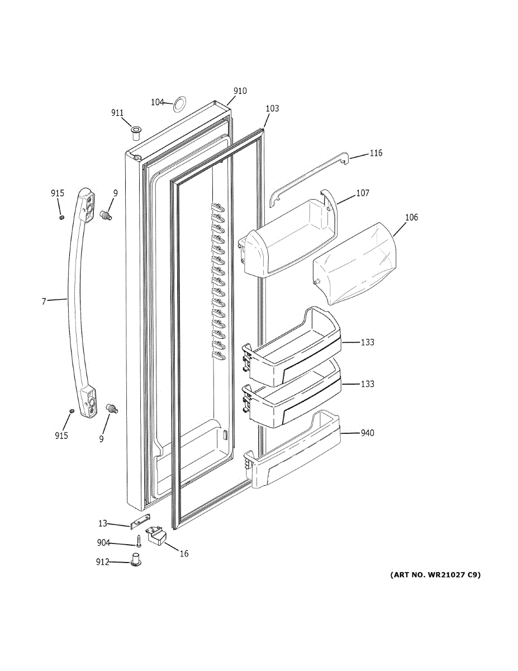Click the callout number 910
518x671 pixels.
(240, 91)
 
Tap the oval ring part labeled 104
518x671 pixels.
(178, 103)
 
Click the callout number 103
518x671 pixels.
(272, 108)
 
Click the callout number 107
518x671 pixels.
(363, 193)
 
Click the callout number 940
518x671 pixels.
(367, 433)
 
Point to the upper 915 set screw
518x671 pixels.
(62, 216)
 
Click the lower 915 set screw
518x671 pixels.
(71, 412)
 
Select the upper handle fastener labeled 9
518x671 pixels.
(106, 214)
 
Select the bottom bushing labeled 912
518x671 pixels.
(135, 560)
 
